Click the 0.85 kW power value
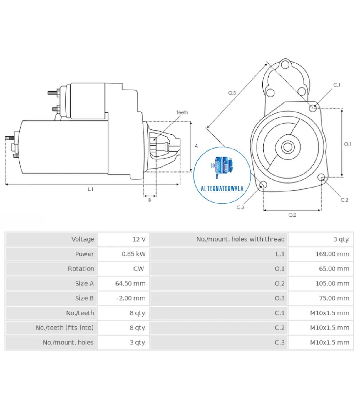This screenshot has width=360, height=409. tap(133, 254)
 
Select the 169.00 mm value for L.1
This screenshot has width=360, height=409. tap(332, 254)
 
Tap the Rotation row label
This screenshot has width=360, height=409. tap(81, 269)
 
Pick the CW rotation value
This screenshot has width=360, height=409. tap(138, 269)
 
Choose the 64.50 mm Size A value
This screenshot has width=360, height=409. tap(130, 283)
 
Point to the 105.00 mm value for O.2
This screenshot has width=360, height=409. tap(332, 283)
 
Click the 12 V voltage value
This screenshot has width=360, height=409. tap(139, 239)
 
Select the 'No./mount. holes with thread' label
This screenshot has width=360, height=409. tap(240, 239)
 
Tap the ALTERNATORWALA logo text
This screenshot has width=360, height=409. tap(222, 188)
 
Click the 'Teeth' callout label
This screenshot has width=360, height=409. tap(182, 112)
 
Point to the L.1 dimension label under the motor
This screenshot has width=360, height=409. tap(91, 189)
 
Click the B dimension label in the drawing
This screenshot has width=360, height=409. tap(150, 200)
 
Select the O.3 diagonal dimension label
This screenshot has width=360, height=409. tap(232, 93)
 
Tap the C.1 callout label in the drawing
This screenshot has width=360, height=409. tap(336, 85)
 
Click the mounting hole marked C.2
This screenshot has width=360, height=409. tap(321, 177)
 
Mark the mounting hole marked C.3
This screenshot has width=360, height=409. tap(263, 185)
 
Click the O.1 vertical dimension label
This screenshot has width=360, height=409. tap(347, 144)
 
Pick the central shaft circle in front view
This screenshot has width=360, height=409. tap(288, 147)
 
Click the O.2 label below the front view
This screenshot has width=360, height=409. tap(292, 215)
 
